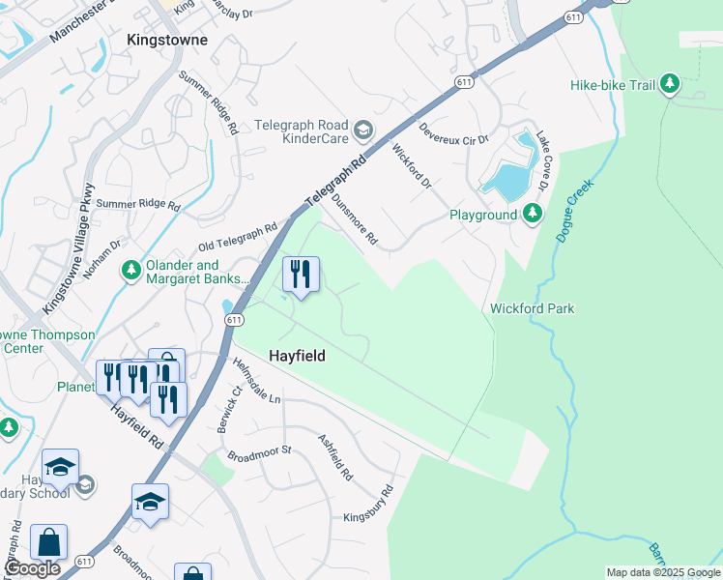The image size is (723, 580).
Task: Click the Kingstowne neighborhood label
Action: point(167,41)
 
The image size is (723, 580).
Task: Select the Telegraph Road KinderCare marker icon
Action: point(363,130)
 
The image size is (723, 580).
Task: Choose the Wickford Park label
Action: point(533,308)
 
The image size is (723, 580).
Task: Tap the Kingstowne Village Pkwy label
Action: point(67,248)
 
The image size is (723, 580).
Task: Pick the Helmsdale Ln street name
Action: point(256,381)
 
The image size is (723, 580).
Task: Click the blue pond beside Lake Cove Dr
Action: point(506,180)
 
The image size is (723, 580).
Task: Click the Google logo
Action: point(33,568)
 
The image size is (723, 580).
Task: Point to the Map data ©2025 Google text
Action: point(662,572)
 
